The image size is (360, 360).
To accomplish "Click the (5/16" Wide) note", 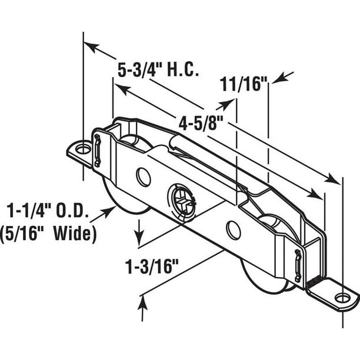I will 51,234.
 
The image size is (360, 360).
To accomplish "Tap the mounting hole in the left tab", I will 83,148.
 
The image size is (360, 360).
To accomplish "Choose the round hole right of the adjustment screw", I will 234,230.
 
